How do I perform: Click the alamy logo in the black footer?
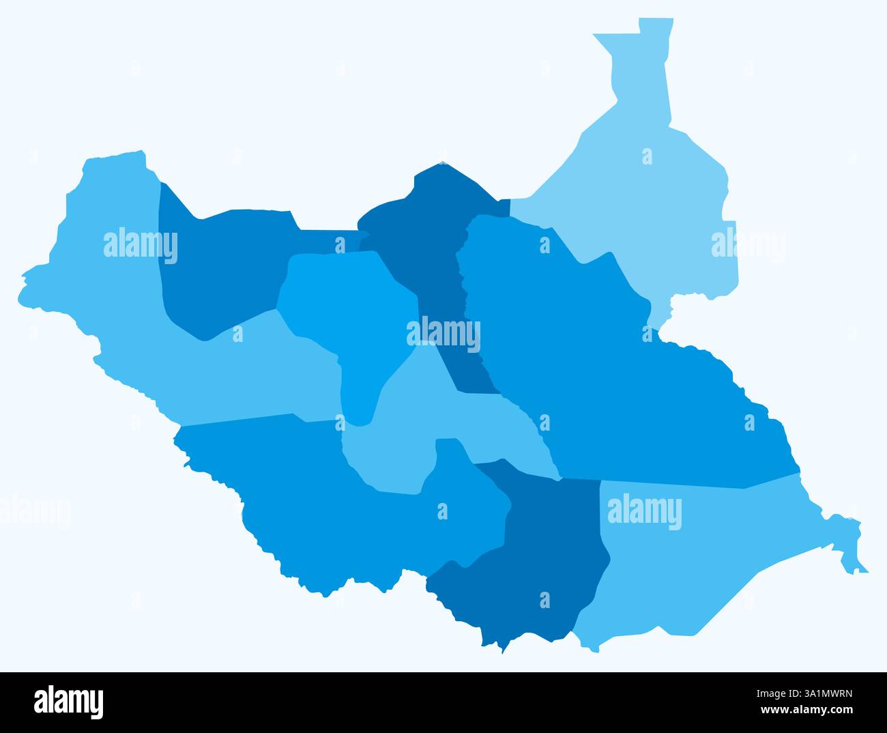pyautogui.click(x=69, y=702)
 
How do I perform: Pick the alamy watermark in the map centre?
pyautogui.click(x=443, y=334)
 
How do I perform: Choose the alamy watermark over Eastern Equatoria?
pyautogui.click(x=644, y=512)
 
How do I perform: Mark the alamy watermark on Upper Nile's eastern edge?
pyautogui.click(x=747, y=244)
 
